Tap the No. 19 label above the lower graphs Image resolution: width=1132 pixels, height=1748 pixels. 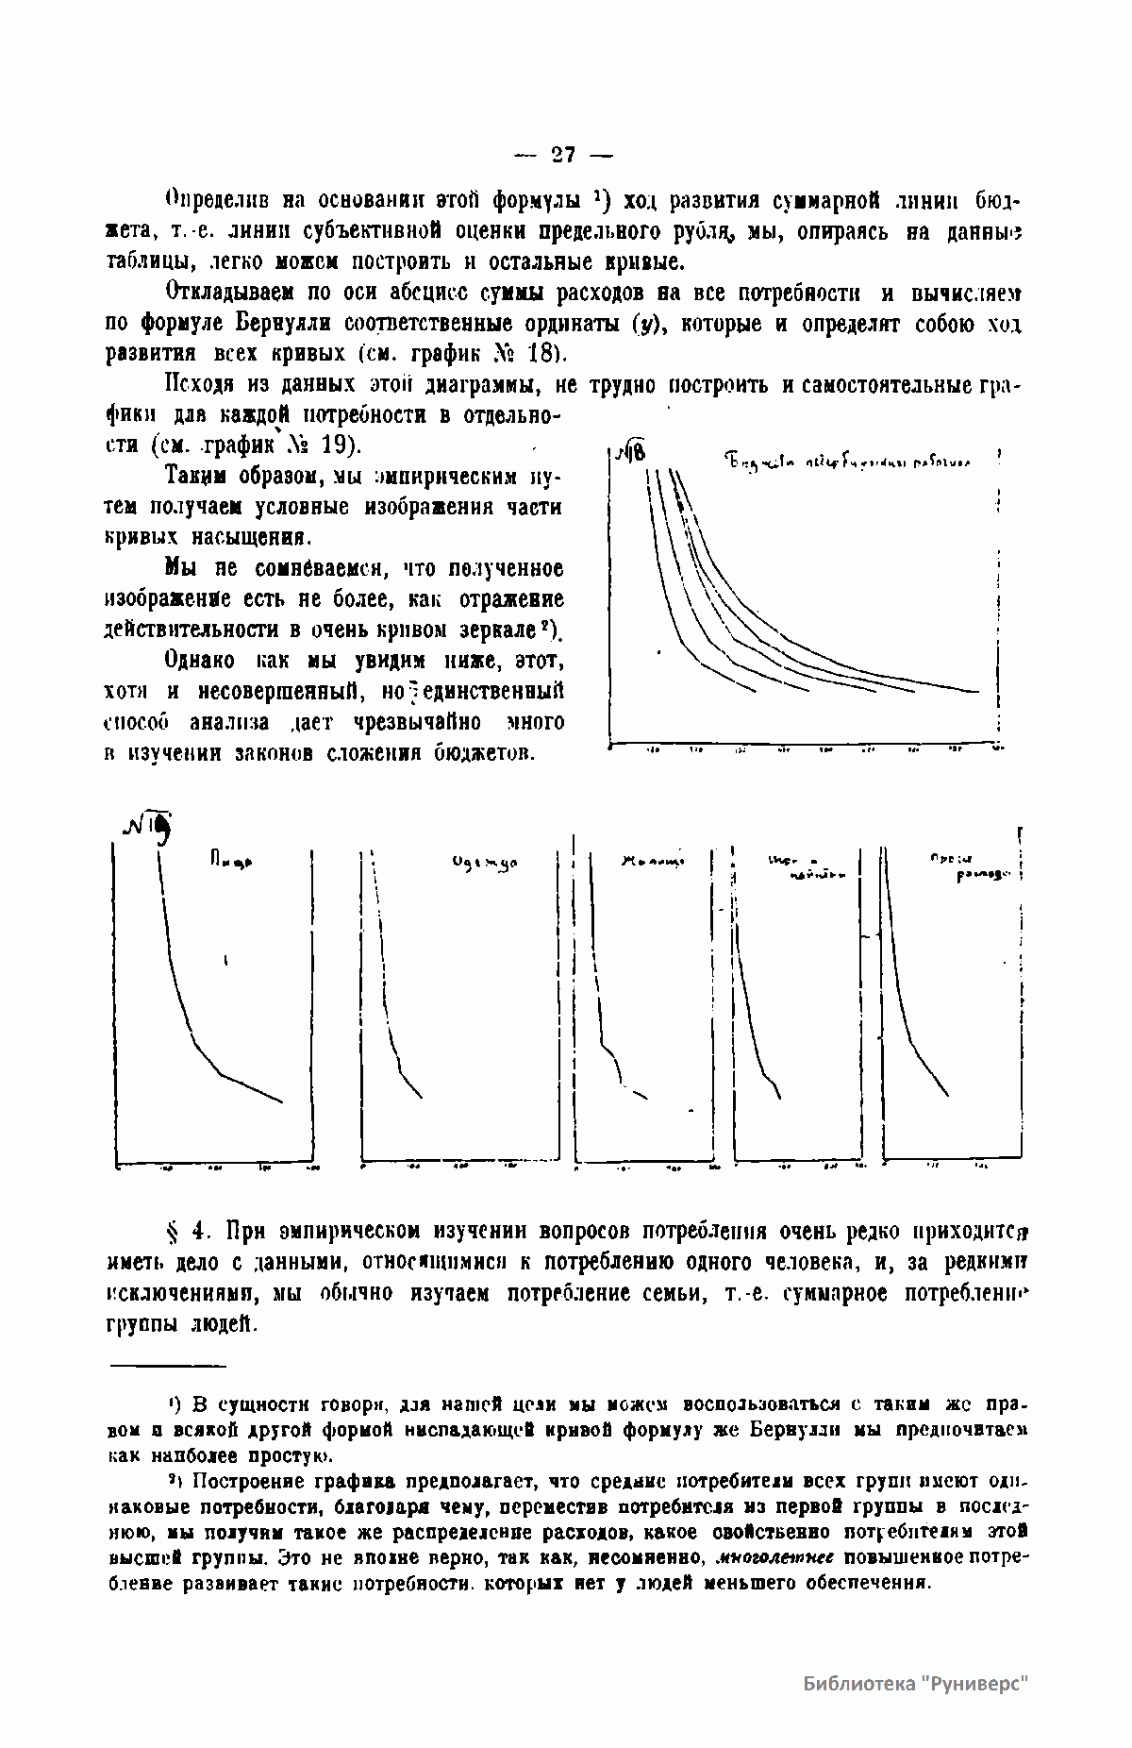(147, 828)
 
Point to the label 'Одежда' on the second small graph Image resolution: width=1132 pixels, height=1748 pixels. (486, 864)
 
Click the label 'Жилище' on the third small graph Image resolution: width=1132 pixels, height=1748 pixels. (650, 861)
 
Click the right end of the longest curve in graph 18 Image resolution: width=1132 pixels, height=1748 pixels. (977, 692)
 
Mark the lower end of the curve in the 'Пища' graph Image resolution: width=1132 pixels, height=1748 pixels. (281, 1101)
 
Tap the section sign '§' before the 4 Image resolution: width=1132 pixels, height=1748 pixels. (174, 1232)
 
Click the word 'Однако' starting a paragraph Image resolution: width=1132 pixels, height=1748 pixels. (200, 660)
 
